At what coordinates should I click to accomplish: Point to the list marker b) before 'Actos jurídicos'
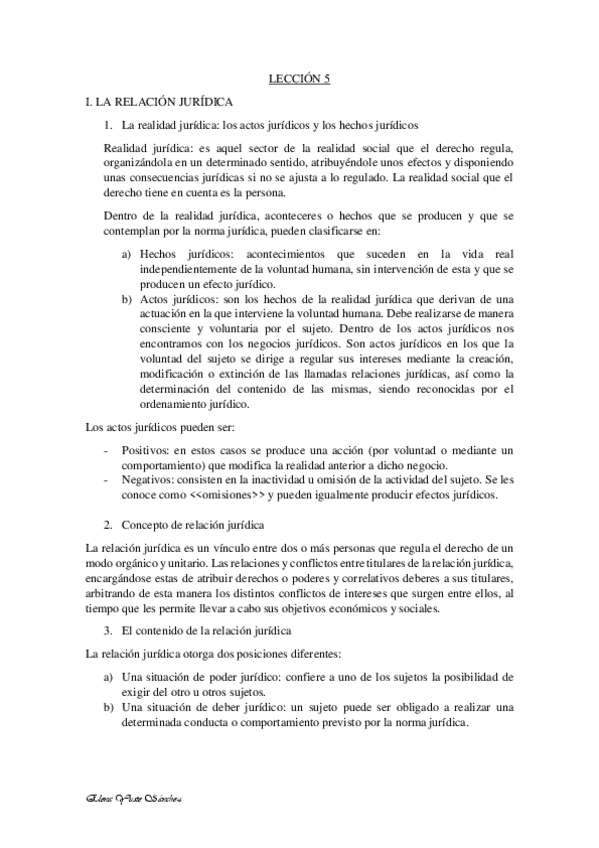[126, 298]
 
